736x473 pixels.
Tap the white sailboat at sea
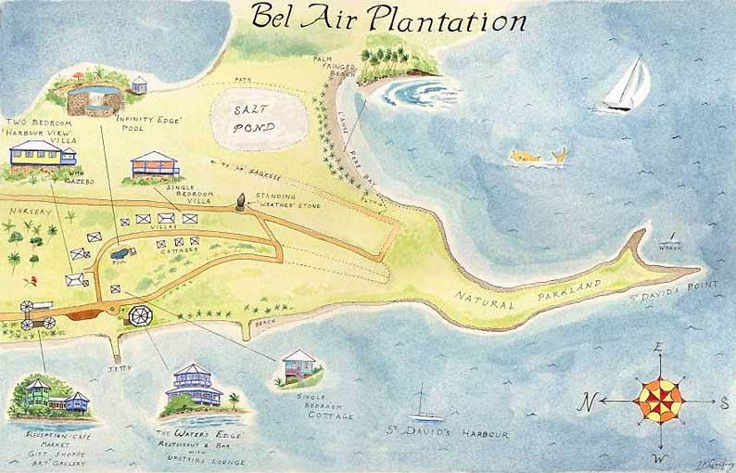click(x=627, y=85)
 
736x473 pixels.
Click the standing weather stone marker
click(x=240, y=201)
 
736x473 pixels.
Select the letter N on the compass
click(x=586, y=403)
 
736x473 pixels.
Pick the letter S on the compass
click(x=723, y=403)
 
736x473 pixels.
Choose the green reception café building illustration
click(x=42, y=396)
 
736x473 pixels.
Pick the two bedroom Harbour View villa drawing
click(x=42, y=153)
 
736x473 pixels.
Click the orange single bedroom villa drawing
click(x=155, y=165)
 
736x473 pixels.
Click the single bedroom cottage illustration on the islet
click(x=299, y=366)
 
